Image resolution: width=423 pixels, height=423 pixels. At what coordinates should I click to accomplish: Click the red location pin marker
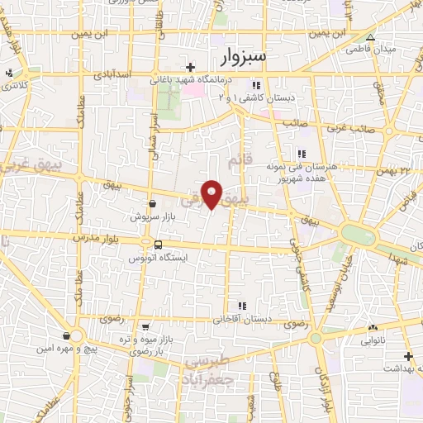[x=212, y=194]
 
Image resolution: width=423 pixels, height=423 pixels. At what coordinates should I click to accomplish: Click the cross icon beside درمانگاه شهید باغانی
[x=190, y=67]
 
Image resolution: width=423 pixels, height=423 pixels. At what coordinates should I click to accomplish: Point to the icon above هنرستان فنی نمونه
[x=302, y=154]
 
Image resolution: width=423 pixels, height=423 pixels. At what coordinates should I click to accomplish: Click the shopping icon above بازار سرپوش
[x=152, y=203]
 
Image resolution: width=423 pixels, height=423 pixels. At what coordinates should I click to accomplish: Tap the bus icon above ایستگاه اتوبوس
[x=158, y=245]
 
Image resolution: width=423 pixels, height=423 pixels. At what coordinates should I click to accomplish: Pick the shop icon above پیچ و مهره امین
[x=65, y=336]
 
